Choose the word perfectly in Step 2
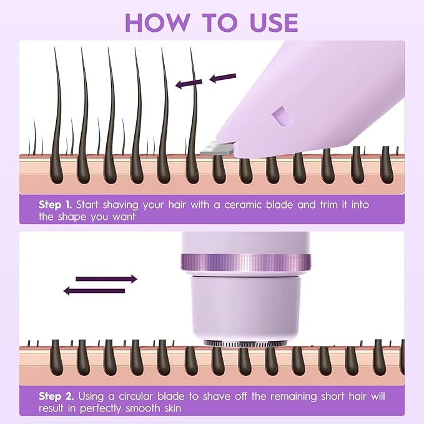point(98,408)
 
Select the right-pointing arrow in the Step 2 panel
point(106,279)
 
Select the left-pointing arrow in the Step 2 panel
point(94,290)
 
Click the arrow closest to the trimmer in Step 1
point(223,78)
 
